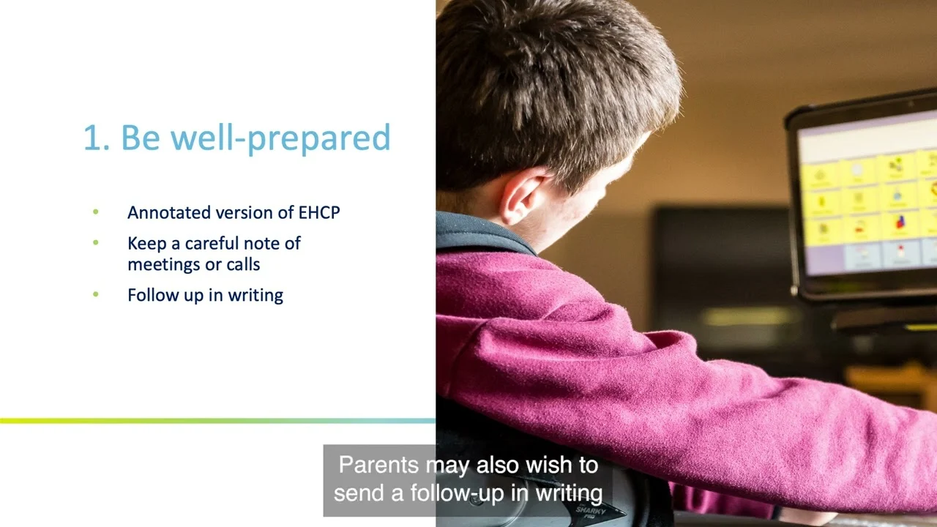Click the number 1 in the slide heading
tap(92, 138)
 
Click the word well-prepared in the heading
tap(280, 138)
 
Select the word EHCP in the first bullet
tap(318, 212)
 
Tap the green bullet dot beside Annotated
tap(96, 212)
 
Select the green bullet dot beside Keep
tap(96, 242)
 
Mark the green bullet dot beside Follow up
tap(96, 294)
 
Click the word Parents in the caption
tap(378, 465)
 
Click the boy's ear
tap(523, 198)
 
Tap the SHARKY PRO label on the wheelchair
tap(590, 512)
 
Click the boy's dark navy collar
tap(481, 233)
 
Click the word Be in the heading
tap(141, 137)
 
